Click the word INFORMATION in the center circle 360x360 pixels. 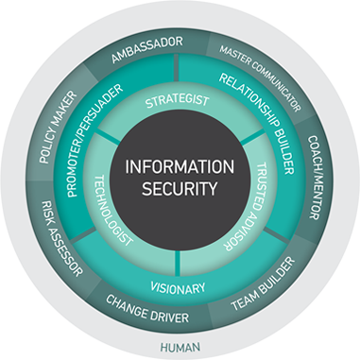(180, 166)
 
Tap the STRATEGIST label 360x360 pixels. (179, 101)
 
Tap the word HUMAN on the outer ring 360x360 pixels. (180, 346)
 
